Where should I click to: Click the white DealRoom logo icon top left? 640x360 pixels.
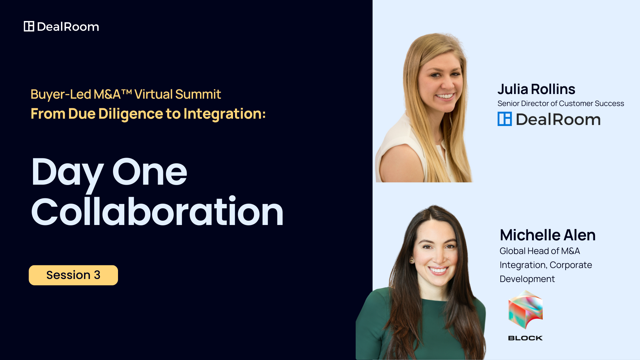tap(29, 26)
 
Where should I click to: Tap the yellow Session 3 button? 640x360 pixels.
tap(73, 275)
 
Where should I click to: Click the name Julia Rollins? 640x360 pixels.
tap(536, 89)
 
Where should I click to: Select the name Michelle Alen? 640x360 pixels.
tap(548, 235)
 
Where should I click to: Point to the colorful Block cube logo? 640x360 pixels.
tap(526, 309)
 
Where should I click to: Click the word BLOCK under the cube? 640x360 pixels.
tap(525, 338)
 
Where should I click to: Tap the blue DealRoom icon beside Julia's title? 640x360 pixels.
tap(505, 119)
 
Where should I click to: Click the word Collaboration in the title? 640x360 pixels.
tap(157, 211)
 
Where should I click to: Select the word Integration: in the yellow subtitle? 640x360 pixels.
tap(225, 114)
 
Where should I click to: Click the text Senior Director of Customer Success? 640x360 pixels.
tap(561, 103)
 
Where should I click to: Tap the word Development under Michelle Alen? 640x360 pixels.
tap(527, 279)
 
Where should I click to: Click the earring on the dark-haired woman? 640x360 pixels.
tap(412, 261)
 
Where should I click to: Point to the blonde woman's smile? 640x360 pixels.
tap(445, 96)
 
